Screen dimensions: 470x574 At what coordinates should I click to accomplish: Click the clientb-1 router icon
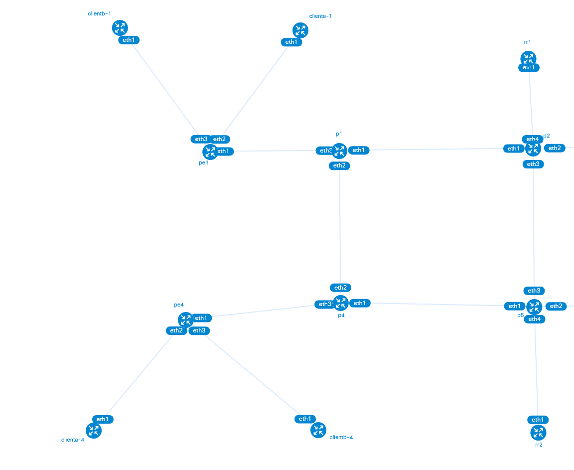120,28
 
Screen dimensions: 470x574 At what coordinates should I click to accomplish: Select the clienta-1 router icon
300,30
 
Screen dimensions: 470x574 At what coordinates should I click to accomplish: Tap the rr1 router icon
528,58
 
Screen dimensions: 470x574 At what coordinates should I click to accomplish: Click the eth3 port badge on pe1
201,139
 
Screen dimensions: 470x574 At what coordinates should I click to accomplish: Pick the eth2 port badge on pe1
220,140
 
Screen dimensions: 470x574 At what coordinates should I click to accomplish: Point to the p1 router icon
339,151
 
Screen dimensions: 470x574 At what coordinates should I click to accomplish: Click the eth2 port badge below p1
339,165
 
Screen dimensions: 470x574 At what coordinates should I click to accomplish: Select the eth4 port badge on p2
532,139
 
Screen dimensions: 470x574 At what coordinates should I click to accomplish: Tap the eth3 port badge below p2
533,164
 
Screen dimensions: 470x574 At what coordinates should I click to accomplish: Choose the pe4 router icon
185,319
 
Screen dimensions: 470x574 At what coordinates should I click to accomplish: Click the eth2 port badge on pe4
176,330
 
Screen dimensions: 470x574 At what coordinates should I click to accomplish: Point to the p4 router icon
340,303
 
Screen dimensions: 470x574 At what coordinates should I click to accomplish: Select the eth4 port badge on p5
535,319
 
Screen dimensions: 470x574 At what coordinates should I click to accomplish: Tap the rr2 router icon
538,432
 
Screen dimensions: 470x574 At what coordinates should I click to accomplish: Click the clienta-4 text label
73,440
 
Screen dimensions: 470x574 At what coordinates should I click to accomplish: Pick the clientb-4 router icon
318,430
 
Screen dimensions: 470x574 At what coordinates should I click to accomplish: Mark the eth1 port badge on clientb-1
129,40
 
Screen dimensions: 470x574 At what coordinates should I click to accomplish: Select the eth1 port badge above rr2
538,420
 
